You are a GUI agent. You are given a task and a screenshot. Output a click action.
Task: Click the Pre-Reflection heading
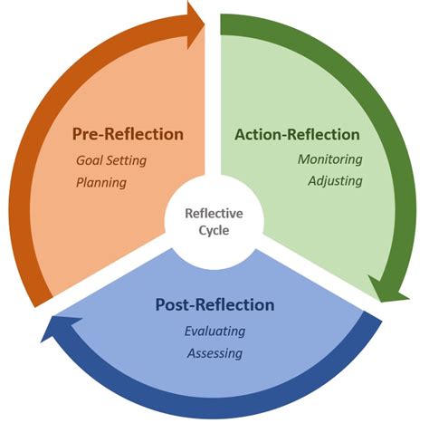(128, 135)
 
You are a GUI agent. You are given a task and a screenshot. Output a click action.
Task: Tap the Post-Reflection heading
(214, 305)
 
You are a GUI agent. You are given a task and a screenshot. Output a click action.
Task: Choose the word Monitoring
(330, 159)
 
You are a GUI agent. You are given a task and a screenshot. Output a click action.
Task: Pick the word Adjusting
(334, 180)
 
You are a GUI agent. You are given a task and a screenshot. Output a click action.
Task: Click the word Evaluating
(215, 331)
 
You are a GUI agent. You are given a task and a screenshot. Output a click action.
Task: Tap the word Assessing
(214, 352)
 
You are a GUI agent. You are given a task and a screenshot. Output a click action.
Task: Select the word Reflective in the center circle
(214, 214)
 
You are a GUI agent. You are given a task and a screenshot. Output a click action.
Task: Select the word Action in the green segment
(258, 135)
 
